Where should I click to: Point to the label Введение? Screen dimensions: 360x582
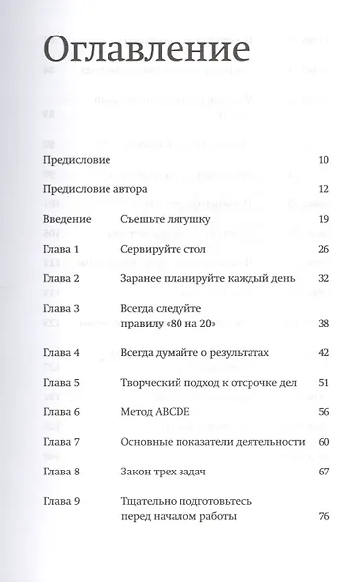point(68,218)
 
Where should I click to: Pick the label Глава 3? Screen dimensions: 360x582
point(62,308)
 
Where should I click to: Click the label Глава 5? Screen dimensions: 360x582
point(62,382)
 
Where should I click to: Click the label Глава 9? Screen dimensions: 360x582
point(62,501)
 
